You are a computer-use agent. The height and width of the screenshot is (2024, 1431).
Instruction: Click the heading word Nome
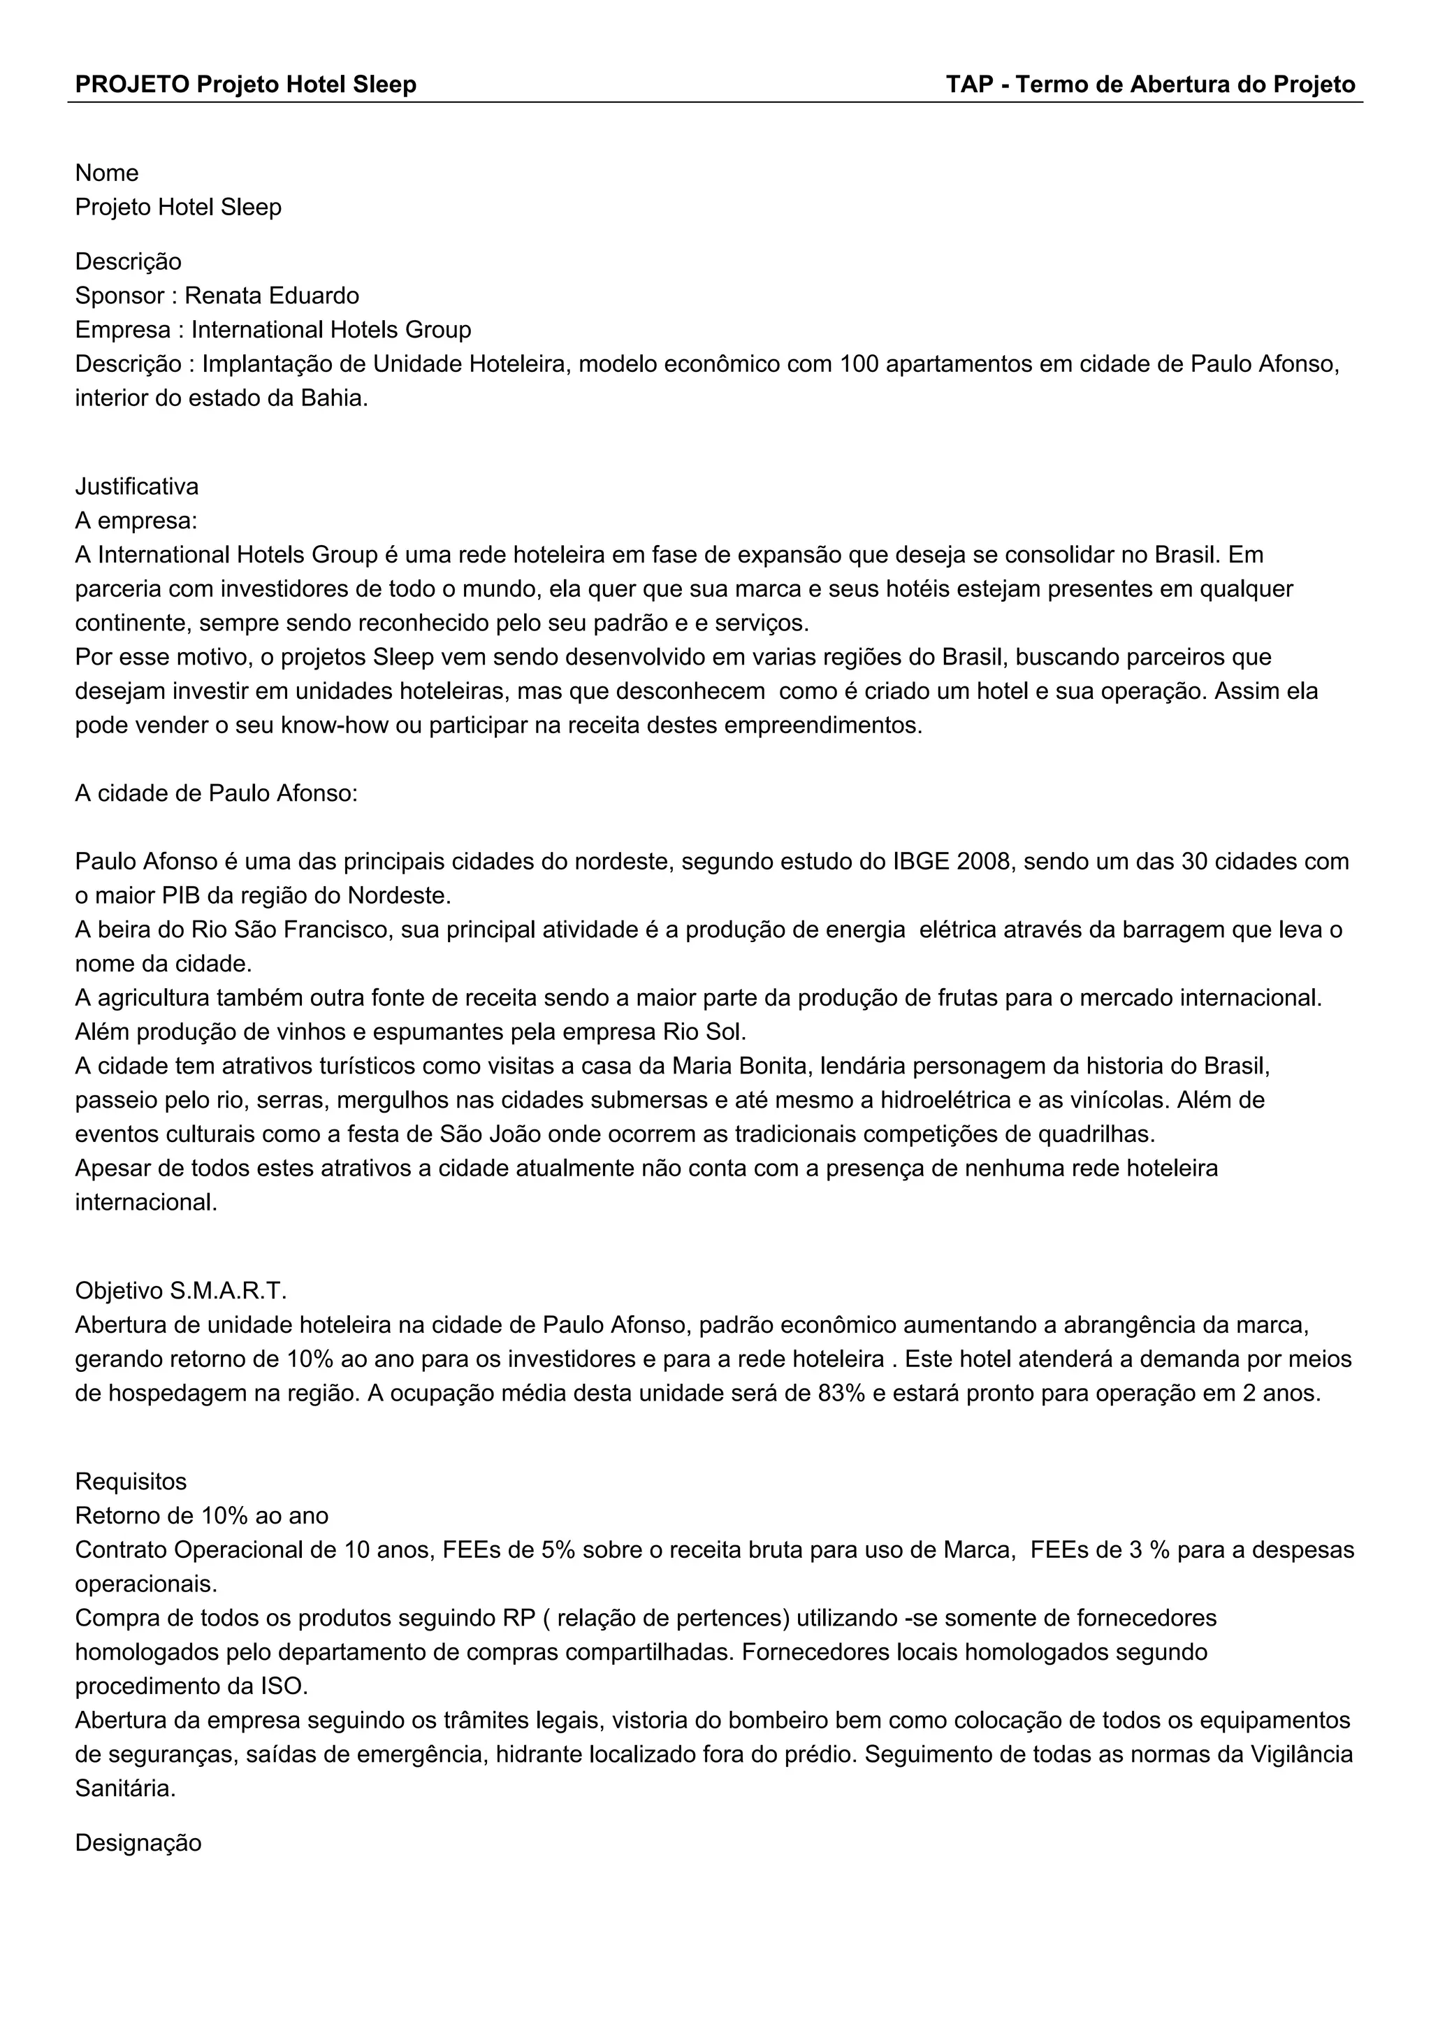point(107,173)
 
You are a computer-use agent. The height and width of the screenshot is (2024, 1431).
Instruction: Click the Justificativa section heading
point(136,486)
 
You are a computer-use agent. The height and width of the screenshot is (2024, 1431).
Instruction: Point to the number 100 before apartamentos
point(859,364)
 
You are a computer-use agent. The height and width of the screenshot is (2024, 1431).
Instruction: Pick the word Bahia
point(333,398)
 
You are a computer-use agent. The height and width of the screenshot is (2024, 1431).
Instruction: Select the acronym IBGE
point(921,861)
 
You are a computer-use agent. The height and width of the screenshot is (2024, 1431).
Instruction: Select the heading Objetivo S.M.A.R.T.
point(181,1292)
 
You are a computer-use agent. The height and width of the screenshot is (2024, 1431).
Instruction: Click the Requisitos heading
point(131,1482)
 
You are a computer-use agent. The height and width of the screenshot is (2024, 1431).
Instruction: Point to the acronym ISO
point(283,1686)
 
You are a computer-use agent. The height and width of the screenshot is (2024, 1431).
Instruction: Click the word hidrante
point(537,1754)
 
